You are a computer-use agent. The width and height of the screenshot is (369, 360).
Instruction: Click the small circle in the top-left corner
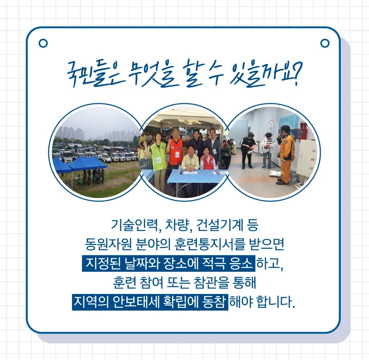(x=43, y=43)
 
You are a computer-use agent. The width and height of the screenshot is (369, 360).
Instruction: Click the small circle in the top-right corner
(x=325, y=43)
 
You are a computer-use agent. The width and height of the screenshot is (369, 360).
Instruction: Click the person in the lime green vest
(x=157, y=156)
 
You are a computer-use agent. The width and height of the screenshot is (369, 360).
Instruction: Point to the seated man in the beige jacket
(x=190, y=158)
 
